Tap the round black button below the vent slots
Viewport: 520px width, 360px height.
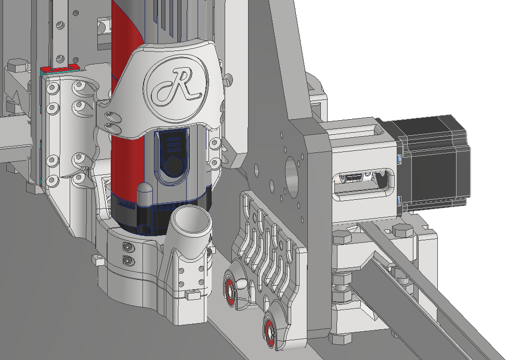[175, 165]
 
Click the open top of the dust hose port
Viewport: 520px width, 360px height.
[191, 220]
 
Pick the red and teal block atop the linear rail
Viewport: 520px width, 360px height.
[60, 70]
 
